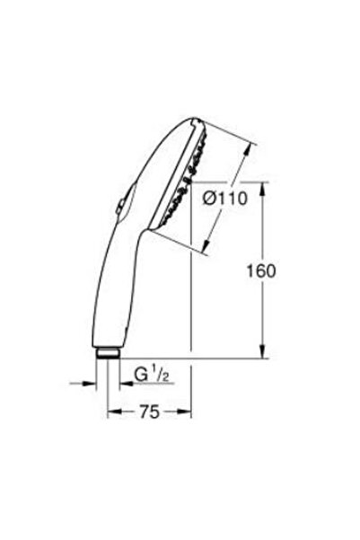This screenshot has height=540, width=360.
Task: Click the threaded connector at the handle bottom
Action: pyautogui.click(x=108, y=353)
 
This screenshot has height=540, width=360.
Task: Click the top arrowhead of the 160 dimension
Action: pyautogui.click(x=262, y=187)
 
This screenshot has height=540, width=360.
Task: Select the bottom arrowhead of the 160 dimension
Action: pyautogui.click(x=262, y=352)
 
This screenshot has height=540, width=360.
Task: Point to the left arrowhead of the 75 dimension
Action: pyautogui.click(x=111, y=414)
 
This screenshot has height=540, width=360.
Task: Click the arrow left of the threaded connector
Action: pyautogui.click(x=92, y=382)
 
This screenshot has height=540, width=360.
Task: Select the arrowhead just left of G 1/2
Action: pyautogui.click(x=122, y=382)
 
